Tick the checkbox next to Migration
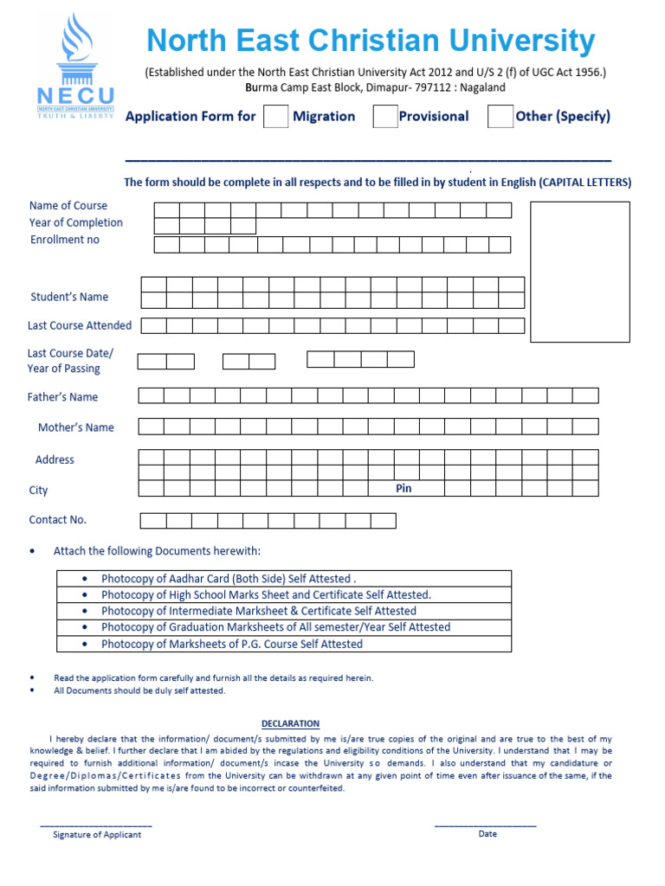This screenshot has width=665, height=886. click(x=275, y=116)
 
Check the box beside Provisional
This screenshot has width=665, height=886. click(x=385, y=116)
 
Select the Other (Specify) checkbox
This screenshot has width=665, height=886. click(x=500, y=116)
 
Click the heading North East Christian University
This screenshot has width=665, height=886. click(x=371, y=41)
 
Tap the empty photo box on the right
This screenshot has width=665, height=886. click(x=579, y=272)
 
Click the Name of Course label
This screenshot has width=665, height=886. click(x=68, y=205)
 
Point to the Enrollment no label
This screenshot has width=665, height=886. click(x=65, y=240)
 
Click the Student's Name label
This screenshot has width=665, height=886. click(x=69, y=297)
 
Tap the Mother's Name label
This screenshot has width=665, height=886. click(x=75, y=427)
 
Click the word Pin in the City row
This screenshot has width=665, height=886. click(x=404, y=489)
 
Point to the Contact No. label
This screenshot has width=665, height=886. click(x=58, y=520)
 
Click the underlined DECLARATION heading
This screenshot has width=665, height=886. click(x=290, y=723)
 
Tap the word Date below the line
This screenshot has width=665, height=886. click(x=487, y=834)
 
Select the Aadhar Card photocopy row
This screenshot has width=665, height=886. click(x=284, y=579)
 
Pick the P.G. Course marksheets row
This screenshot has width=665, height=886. click(x=284, y=644)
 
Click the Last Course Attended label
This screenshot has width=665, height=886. click(x=80, y=325)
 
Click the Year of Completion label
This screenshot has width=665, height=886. click(x=76, y=222)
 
